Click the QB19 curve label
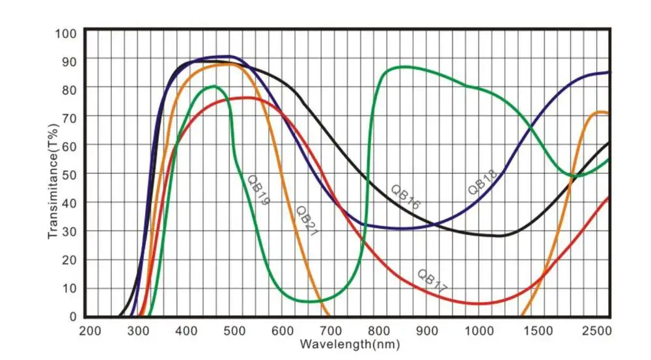click(x=258, y=189)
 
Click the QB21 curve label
click(x=306, y=221)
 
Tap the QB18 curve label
click(x=482, y=182)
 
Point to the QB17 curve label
click(x=432, y=280)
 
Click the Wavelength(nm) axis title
click(x=349, y=342)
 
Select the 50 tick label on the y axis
click(x=69, y=174)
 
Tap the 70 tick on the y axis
click(x=69, y=117)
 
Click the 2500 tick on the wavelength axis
click(x=594, y=331)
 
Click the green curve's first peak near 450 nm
click(x=214, y=86)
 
